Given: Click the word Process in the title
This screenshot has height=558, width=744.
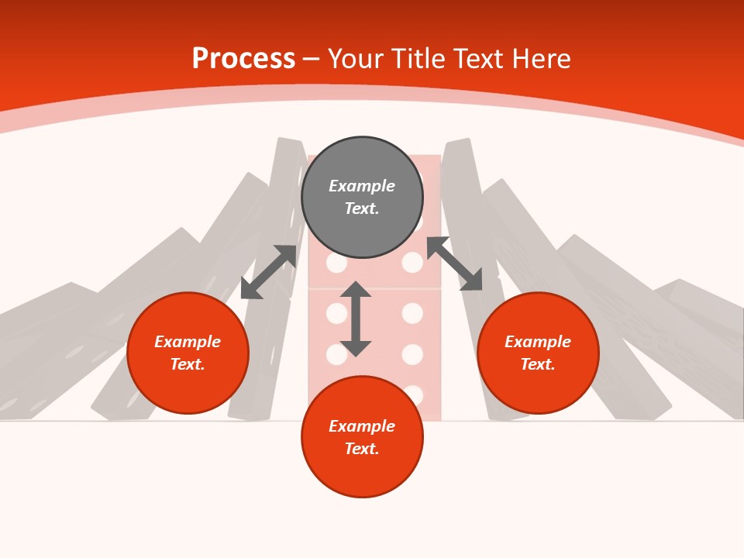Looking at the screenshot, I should (243, 59).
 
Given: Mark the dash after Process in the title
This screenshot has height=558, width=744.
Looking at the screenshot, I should (311, 60).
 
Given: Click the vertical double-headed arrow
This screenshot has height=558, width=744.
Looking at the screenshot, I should (356, 319).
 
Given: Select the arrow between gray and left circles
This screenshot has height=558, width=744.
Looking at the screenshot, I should (268, 272).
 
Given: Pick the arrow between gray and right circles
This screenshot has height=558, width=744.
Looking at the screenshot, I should (454, 263).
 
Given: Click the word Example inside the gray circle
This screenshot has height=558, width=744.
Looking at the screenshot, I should (362, 186).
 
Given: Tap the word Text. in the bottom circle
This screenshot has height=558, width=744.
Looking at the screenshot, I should (362, 449).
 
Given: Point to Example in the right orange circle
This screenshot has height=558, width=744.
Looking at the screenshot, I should (538, 342).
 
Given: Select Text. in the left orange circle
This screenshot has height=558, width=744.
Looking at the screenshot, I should (188, 364).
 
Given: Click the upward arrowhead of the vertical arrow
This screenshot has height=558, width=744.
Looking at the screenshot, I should (356, 289).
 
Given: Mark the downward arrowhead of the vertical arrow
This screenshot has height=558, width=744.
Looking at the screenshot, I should (356, 348).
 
